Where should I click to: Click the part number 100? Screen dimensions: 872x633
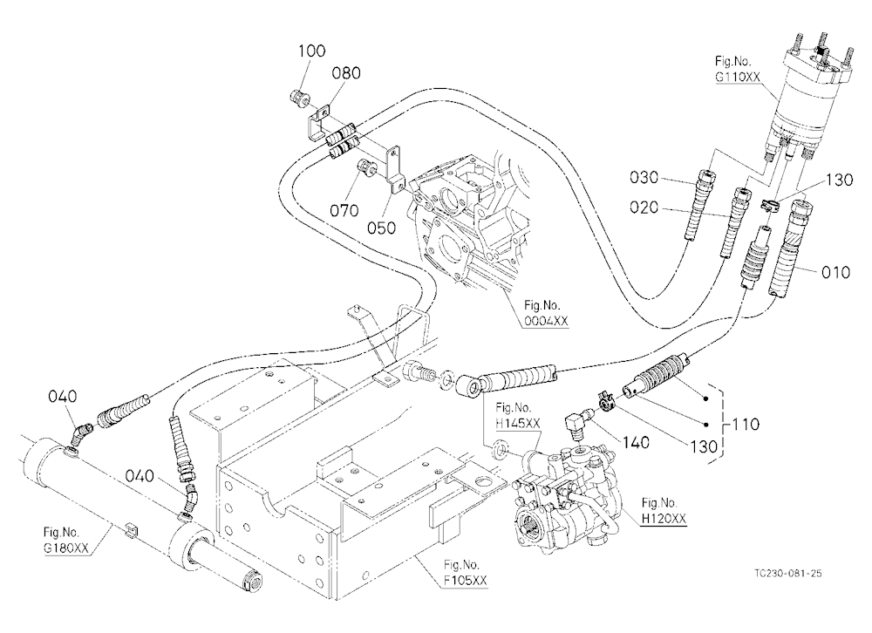coord(311,51)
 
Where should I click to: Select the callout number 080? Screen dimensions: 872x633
coord(346,73)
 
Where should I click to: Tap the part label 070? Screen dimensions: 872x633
coord(344,211)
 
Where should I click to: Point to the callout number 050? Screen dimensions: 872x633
coord(382,228)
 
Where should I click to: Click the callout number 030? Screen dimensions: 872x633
coord(644,178)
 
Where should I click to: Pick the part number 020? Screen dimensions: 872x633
coord(644,208)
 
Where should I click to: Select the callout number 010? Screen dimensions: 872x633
coord(835,273)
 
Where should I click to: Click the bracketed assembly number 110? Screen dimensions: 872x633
coord(746,425)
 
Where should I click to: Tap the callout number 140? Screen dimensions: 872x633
coord(636,442)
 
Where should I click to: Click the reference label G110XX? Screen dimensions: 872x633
coord(738,77)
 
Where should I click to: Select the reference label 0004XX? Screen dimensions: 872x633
coord(546,321)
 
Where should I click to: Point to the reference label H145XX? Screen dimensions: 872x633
coord(518,423)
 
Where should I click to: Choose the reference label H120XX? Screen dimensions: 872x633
coord(664,519)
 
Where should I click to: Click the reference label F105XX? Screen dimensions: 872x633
coord(466,581)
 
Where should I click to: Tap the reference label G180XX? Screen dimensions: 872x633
coord(66,548)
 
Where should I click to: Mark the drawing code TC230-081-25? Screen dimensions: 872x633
coord(788,574)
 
